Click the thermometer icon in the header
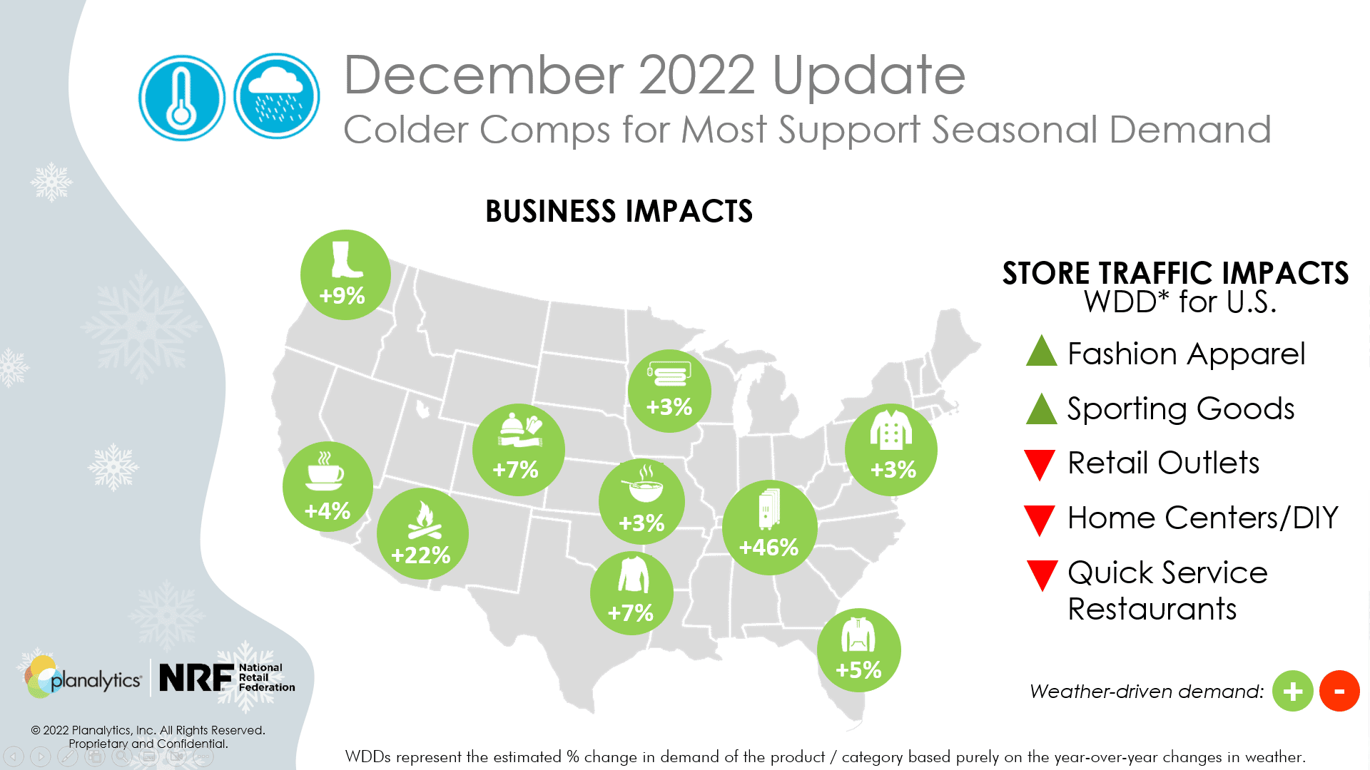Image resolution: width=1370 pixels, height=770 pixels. [x=181, y=98]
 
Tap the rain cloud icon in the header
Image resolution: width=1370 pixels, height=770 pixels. [x=277, y=96]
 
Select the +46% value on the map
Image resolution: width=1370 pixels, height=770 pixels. [x=768, y=548]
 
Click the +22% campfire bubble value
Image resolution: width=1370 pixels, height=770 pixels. [x=421, y=555]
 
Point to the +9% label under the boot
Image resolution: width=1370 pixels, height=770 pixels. [x=342, y=296]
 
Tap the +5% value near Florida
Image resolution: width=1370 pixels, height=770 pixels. [x=858, y=670]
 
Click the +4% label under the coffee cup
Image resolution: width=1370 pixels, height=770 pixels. [x=328, y=511]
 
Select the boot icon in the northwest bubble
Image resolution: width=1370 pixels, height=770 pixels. [x=347, y=260]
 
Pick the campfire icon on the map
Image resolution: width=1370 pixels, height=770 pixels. [x=424, y=520]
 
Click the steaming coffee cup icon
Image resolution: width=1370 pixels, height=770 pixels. [x=325, y=471]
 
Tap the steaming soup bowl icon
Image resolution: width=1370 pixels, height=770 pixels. [x=644, y=484]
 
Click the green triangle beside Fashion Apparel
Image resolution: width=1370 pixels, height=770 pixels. [x=1041, y=350]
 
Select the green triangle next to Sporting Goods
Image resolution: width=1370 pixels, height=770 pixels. [x=1041, y=409]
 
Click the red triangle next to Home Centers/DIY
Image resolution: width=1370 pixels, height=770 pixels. [x=1040, y=520]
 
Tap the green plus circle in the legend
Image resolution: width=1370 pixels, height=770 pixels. [x=1292, y=691]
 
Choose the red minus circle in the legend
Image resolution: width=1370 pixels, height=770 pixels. [x=1339, y=691]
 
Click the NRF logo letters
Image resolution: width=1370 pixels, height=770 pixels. [x=196, y=678]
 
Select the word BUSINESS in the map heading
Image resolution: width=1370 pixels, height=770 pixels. [x=550, y=212]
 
